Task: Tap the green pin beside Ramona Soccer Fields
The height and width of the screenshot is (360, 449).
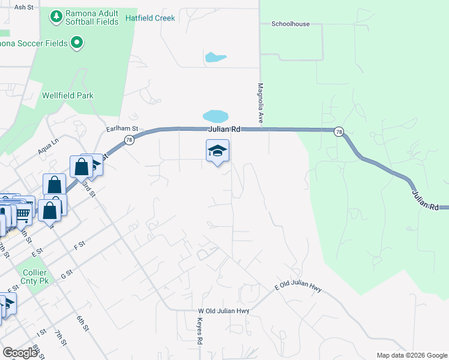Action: pos(76,42)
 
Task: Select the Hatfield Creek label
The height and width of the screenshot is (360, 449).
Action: pos(150,18)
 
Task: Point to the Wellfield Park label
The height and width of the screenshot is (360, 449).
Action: pos(68,95)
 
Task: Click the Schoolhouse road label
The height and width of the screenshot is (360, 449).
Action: pos(290,24)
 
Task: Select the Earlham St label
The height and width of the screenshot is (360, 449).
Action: pos(122,128)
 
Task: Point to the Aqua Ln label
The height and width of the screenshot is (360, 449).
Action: pos(48,146)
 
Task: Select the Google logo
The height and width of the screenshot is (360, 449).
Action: pos(20,352)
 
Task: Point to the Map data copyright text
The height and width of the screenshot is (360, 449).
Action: pos(411,355)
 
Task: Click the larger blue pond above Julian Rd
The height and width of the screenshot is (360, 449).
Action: pos(215,115)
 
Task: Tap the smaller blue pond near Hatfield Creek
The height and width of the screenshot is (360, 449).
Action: pos(215,58)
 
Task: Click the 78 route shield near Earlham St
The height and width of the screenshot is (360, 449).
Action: pos(129,140)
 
